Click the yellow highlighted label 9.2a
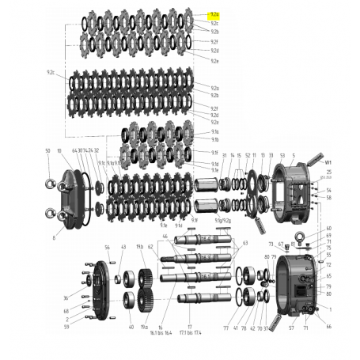[x=214, y=15]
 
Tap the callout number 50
[x=47, y=150]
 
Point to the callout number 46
[x=165, y=236]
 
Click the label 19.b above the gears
[x=139, y=248]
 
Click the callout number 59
[x=66, y=327]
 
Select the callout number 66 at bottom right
[x=328, y=327]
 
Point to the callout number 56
[x=108, y=248]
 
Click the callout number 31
[x=225, y=156]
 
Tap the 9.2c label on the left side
[x=51, y=72]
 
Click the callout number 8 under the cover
[x=54, y=237]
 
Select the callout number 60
[x=328, y=228]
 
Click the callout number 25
[x=328, y=172]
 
